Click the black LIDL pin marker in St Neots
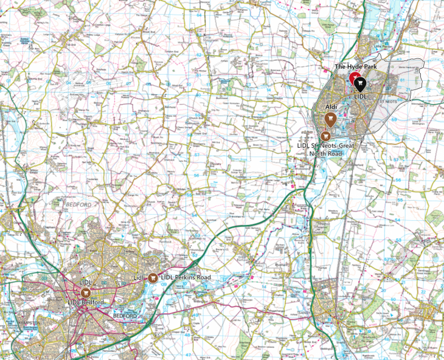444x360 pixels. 359,84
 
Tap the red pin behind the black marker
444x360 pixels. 353,78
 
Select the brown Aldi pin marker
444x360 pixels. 331,119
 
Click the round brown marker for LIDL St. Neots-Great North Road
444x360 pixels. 325,136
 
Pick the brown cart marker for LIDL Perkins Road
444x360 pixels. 153,277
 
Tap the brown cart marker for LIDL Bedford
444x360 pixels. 85,293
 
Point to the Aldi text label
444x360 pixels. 331,106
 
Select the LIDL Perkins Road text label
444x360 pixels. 186,277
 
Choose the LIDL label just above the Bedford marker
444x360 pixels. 85,283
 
